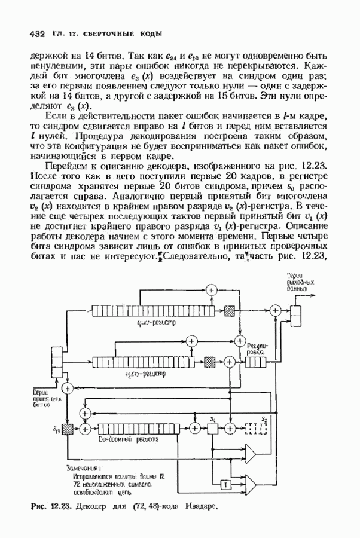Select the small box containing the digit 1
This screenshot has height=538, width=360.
point(225,483)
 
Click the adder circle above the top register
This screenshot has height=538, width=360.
point(210,289)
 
